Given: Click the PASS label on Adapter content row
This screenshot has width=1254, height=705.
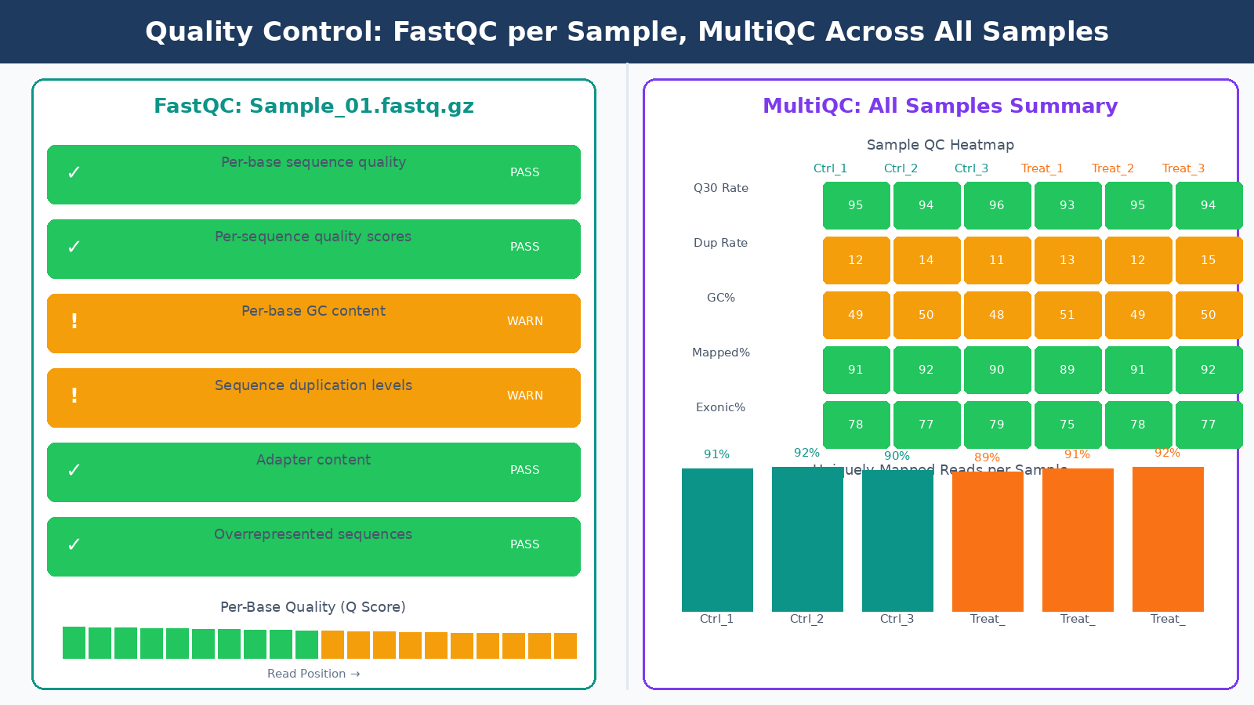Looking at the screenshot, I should click(x=524, y=470).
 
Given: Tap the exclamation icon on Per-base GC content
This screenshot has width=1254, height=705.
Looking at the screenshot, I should click(x=74, y=321).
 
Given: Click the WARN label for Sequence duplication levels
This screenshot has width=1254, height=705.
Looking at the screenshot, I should click(x=524, y=396).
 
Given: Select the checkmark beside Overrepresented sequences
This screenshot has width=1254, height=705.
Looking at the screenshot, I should click(x=74, y=544).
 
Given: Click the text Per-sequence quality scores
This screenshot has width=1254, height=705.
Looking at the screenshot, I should click(x=313, y=237).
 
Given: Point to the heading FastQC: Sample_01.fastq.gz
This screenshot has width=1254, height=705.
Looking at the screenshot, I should click(x=313, y=106).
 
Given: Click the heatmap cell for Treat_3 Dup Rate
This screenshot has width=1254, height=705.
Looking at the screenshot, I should click(x=1208, y=260).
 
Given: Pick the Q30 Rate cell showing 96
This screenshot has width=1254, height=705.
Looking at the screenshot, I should click(x=996, y=205).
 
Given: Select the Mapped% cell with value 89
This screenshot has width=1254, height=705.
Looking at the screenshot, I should click(x=1067, y=370).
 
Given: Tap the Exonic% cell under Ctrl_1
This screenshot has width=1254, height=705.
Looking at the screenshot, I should click(x=855, y=425).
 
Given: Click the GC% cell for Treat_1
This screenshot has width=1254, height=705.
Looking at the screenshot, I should click(x=1067, y=315).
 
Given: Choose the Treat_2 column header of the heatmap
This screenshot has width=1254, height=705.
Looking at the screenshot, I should click(x=1112, y=168).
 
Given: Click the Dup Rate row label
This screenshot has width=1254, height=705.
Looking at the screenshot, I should click(x=720, y=243).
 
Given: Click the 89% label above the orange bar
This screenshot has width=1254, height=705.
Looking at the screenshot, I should click(x=987, y=457).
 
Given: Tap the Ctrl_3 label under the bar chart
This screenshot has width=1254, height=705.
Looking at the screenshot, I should click(x=897, y=619).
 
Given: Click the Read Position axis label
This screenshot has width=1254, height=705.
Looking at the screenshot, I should click(x=313, y=674).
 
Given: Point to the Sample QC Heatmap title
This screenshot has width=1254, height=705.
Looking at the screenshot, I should click(x=940, y=145).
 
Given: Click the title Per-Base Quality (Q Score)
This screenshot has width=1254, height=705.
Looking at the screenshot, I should click(x=313, y=607).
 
